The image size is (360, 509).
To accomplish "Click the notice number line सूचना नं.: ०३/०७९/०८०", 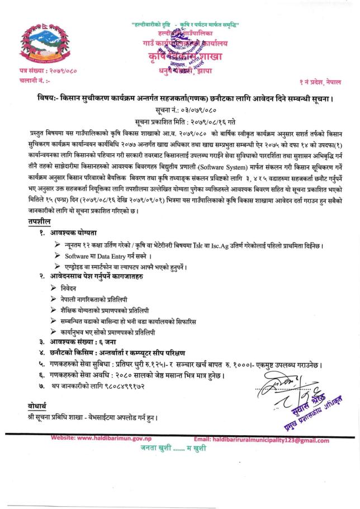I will pos(179,110).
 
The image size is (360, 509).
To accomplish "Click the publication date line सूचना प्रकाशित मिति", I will pos(179,121).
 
